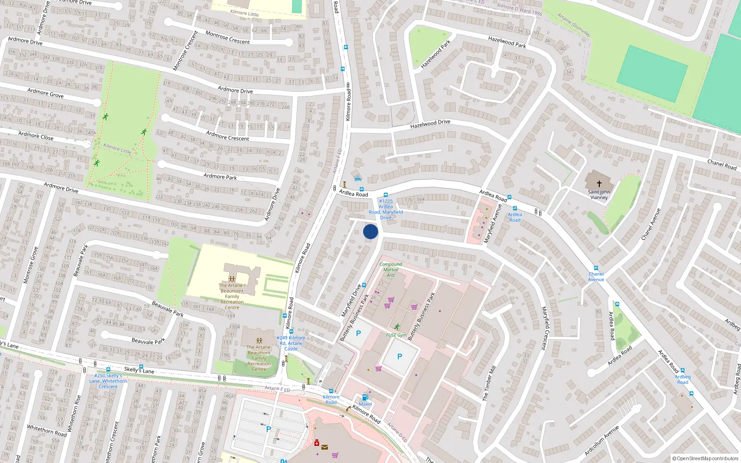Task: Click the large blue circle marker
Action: point(370,231)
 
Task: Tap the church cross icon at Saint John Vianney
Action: point(599,183)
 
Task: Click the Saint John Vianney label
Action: point(599,194)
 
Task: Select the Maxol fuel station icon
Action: point(365,397)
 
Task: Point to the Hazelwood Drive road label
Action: point(430,124)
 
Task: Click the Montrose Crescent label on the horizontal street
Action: point(227,38)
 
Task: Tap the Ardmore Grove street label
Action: point(45,93)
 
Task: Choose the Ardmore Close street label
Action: point(36,136)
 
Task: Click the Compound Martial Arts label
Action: point(391,269)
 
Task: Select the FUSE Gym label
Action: point(396,335)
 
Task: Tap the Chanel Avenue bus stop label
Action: point(596,277)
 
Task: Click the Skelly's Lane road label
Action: point(139,370)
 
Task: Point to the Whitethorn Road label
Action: point(47,430)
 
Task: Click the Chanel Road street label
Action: point(722,164)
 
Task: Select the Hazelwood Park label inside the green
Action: point(435,55)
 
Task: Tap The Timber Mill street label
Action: point(489,383)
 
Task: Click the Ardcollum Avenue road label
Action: point(602,440)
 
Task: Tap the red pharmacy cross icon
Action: point(317,443)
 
